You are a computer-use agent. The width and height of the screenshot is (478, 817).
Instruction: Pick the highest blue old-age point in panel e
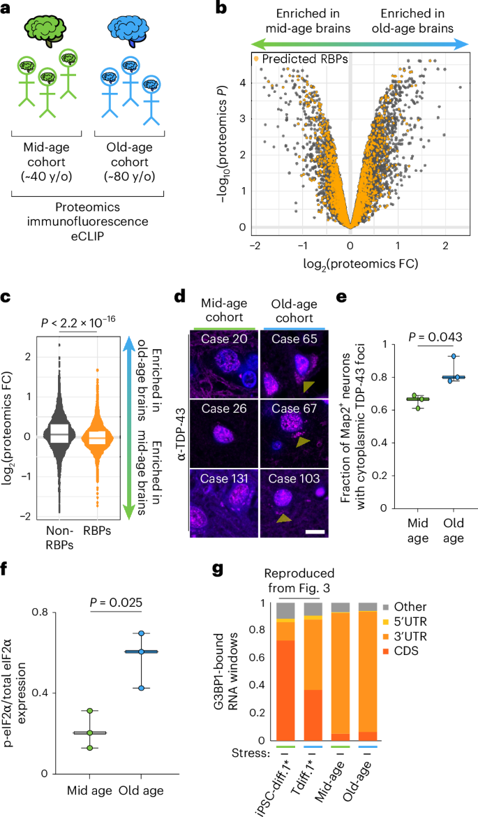click(x=454, y=357)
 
